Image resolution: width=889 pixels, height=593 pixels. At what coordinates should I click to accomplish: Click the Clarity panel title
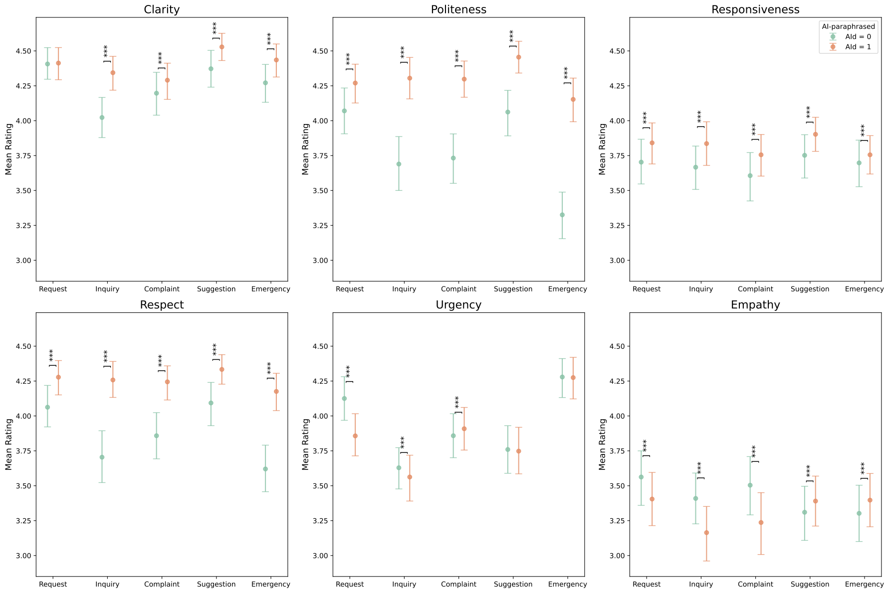[x=162, y=9]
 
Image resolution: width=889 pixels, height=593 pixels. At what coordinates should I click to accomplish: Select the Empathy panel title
[x=755, y=305]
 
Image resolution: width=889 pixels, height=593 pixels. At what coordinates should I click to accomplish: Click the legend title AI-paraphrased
[x=848, y=26]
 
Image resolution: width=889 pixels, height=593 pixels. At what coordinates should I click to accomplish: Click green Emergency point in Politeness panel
[x=562, y=215]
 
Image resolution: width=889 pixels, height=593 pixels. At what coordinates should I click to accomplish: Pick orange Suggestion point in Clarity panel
[x=222, y=47]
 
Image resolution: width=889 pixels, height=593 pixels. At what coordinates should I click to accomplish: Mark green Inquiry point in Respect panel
[x=102, y=457]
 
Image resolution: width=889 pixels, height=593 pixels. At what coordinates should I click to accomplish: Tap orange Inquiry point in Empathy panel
[x=706, y=533]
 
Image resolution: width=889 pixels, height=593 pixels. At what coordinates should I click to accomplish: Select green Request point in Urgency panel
[x=344, y=398]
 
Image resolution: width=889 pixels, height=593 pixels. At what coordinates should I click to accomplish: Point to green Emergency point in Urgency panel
[x=562, y=377]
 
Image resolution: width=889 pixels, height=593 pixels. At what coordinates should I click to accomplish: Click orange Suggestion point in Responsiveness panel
[x=816, y=134]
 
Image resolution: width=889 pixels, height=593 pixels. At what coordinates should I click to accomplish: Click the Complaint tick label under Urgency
[x=458, y=584]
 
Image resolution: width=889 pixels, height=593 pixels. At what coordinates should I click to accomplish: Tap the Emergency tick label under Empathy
[x=865, y=584]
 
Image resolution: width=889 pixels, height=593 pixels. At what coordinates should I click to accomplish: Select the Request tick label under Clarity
[x=53, y=289]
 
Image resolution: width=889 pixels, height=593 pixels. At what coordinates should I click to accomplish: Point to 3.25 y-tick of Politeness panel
[x=320, y=226]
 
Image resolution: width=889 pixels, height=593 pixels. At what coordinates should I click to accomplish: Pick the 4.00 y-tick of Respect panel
[x=23, y=416]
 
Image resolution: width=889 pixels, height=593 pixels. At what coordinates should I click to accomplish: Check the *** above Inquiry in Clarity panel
[x=106, y=52]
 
